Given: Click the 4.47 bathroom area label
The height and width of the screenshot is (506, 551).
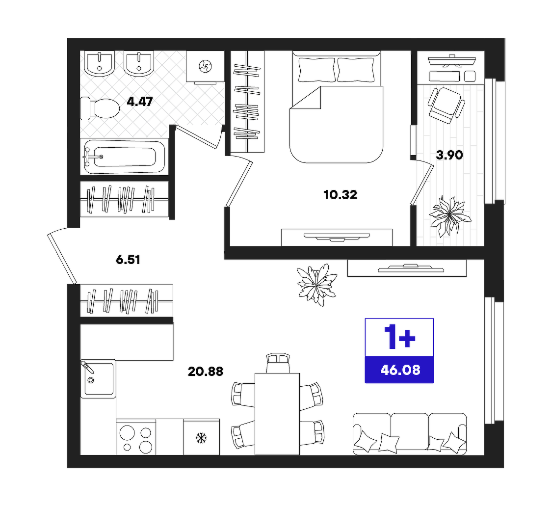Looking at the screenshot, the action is click(140, 102).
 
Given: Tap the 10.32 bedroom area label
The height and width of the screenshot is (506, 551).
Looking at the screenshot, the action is click(341, 194).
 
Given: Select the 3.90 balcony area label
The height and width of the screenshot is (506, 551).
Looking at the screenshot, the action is click(449, 155).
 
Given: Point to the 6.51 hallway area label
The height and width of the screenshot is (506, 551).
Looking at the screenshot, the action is click(128, 260).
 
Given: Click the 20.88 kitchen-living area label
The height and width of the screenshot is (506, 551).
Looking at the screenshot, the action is click(206, 372).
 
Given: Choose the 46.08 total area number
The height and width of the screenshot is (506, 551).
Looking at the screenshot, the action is click(400, 370).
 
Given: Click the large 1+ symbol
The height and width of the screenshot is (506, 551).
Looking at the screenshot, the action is click(399, 337).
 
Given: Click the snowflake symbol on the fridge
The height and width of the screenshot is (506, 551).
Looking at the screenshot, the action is click(201, 438).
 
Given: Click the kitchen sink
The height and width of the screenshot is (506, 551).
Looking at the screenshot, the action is click(99, 379).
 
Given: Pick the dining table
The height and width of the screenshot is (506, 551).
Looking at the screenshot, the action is click(277, 414).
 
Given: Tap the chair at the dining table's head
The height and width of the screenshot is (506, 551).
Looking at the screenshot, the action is click(278, 363).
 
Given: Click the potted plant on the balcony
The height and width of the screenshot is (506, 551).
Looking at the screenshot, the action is click(449, 216).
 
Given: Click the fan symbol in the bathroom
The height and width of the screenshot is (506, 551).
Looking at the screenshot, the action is click(205, 66).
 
